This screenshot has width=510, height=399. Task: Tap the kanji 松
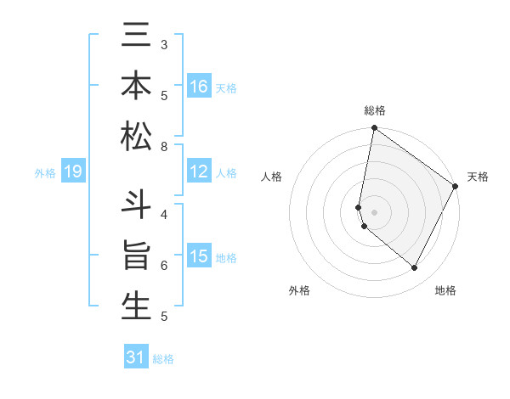coord(136,136)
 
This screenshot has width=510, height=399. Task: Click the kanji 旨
coord(136,256)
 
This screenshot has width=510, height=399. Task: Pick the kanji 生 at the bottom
coord(136,306)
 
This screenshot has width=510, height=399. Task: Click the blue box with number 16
coord(199,87)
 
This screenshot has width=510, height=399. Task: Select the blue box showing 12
coord(199,172)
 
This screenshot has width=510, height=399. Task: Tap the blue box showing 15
coord(199,256)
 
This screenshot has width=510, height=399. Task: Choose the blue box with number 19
coord(72,172)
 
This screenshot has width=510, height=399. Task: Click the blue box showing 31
coord(136,357)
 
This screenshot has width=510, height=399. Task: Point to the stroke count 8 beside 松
coord(164,147)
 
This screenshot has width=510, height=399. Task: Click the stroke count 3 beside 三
coord(164,44)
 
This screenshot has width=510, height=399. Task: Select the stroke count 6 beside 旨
coord(164,266)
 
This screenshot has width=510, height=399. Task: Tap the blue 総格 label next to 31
coord(163,359)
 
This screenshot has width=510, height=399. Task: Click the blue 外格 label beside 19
coord(45,173)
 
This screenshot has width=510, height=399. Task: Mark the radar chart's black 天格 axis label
coord(478,177)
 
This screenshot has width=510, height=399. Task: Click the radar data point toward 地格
coord(415,268)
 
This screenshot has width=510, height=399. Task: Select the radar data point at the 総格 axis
coord(374,129)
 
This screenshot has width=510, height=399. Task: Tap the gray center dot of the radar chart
coord(374,211)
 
